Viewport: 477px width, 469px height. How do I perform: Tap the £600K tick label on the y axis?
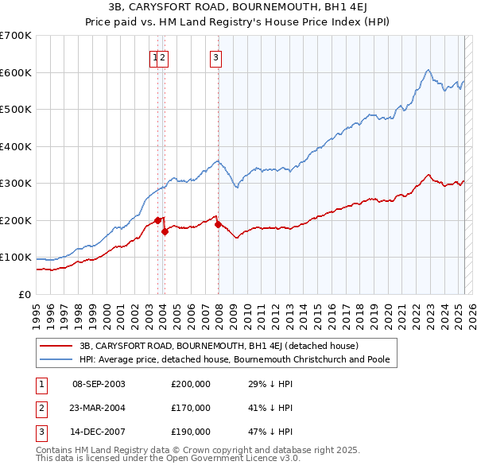tap(16, 72)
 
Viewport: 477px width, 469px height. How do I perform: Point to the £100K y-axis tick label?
tap(16, 258)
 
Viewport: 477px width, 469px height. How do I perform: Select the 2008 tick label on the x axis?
tap(219, 309)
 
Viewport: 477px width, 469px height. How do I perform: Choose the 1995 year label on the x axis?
tap(36, 309)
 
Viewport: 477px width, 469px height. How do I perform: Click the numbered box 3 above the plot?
tap(216, 56)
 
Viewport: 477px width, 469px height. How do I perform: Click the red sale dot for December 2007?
tap(218, 224)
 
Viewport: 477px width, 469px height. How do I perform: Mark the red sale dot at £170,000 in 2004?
tap(165, 232)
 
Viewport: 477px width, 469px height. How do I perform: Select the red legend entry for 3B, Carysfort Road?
tap(219, 346)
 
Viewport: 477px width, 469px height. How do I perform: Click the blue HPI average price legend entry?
tap(238, 359)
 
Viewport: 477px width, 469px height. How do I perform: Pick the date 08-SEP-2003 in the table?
tap(99, 384)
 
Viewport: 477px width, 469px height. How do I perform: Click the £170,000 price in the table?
tap(191, 409)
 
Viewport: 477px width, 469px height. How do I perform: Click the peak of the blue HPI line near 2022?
tap(429, 70)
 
